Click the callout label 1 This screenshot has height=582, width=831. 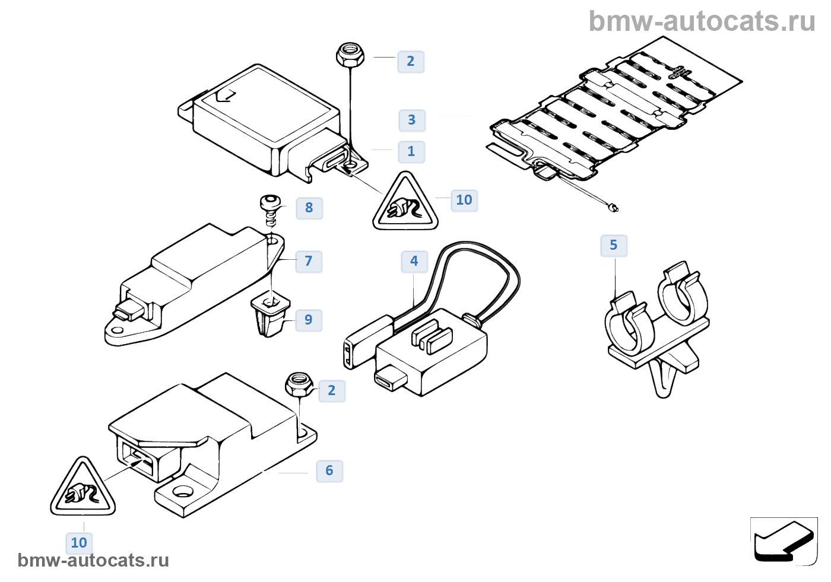point(411,151)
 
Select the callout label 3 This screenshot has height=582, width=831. point(412,120)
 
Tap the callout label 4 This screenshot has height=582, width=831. point(414,261)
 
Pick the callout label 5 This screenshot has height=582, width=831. point(614,246)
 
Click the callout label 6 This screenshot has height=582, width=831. point(329,471)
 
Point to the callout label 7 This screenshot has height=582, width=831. point(309,262)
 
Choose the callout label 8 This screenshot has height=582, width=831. point(309,208)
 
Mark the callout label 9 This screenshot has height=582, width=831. point(309,320)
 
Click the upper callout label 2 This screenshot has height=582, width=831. point(411,61)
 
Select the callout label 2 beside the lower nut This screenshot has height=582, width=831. point(332,391)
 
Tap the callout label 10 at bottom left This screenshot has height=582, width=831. point(79,543)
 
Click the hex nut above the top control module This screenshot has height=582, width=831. point(350,55)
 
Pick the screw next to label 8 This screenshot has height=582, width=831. point(270,209)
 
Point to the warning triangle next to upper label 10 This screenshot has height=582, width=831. point(405,204)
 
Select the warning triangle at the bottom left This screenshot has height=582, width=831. point(83,489)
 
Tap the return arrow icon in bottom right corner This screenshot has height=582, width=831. point(784,541)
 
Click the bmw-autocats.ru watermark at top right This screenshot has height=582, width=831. point(702,21)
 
